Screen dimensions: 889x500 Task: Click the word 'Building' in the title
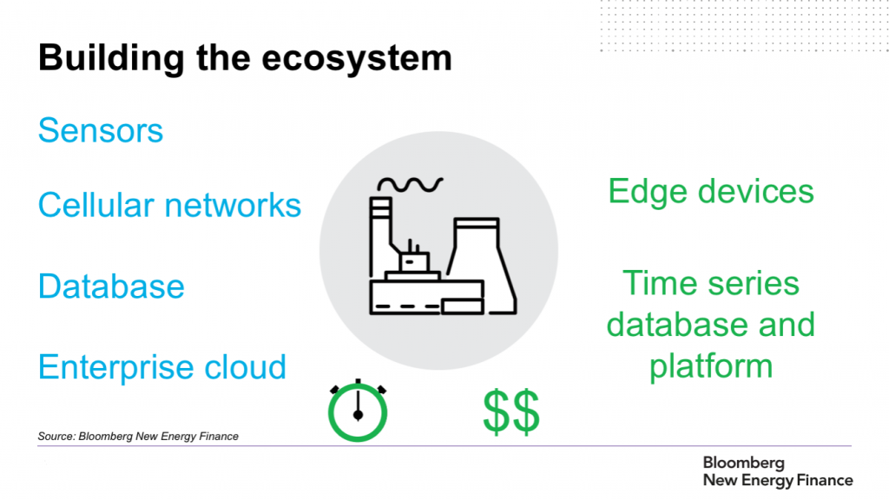[x=112, y=59]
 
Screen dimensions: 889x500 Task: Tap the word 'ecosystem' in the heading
[x=357, y=58]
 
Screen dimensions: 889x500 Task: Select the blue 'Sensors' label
[x=101, y=130]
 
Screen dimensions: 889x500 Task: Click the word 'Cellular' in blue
[x=95, y=205]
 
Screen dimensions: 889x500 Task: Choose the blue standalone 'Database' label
[x=112, y=286]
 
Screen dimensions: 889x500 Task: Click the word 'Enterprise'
[x=115, y=367]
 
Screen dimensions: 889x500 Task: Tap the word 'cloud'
[x=245, y=367]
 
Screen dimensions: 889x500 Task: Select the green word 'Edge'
[x=648, y=193]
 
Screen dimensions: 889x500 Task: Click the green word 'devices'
[x=756, y=191]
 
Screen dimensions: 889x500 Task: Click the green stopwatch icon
[x=358, y=411]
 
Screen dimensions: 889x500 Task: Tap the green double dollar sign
[x=511, y=411]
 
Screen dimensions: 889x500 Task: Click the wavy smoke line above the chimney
[x=410, y=184]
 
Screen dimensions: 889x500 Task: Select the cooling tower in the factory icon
[x=481, y=266]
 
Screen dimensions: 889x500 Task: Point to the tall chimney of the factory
[x=380, y=237]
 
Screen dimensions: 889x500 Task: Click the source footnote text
[x=138, y=437]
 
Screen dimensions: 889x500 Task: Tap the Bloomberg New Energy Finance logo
[x=778, y=471]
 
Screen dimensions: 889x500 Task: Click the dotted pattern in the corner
[x=744, y=26]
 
